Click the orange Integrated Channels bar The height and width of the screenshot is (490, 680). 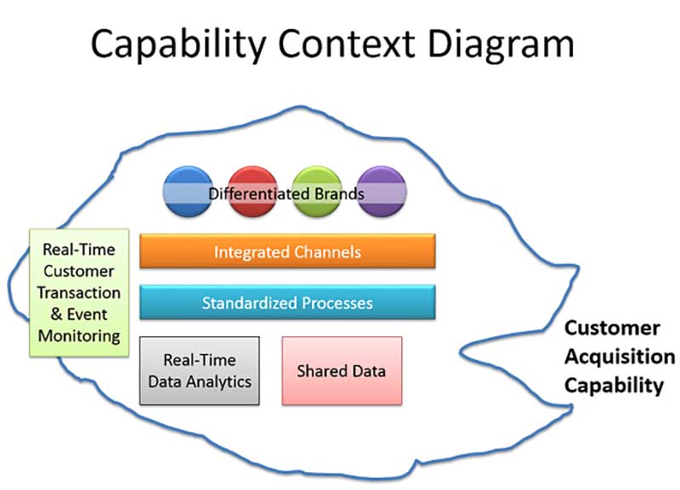pyautogui.click(x=287, y=251)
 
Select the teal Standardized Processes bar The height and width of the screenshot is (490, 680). pyautogui.click(x=287, y=302)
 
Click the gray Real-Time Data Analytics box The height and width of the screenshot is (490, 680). pyautogui.click(x=200, y=370)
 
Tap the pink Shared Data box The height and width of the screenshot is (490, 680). pyautogui.click(x=341, y=370)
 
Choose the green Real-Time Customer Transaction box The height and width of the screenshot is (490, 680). pyautogui.click(x=79, y=292)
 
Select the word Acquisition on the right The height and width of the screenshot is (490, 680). pyautogui.click(x=620, y=357)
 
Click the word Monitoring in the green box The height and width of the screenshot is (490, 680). pyautogui.click(x=79, y=335)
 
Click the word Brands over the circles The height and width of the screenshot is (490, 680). pyautogui.click(x=337, y=194)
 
